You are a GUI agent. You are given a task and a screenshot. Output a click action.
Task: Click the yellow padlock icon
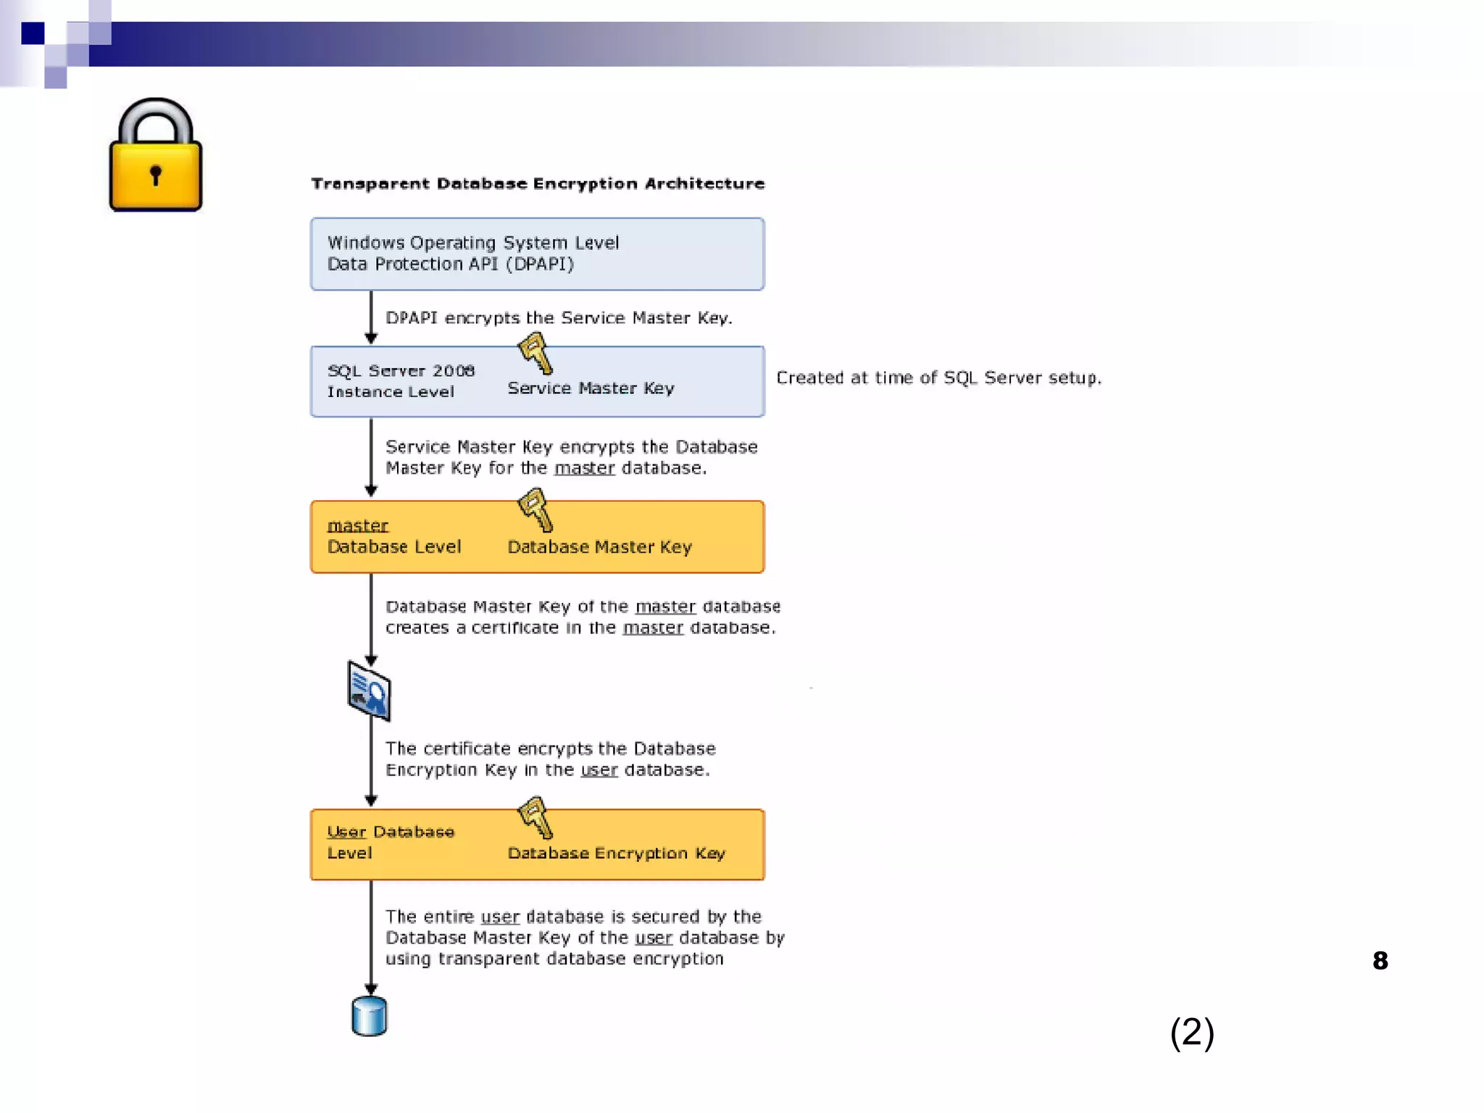tap(155, 157)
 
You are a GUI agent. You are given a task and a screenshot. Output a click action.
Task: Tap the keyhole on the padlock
tap(155, 175)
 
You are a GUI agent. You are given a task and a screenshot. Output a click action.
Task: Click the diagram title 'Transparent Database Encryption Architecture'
tap(538, 184)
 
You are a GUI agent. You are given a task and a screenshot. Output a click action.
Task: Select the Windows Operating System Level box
tap(537, 254)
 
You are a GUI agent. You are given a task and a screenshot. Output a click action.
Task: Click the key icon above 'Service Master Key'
tap(535, 353)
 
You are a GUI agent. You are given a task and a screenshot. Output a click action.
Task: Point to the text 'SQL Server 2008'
tap(401, 371)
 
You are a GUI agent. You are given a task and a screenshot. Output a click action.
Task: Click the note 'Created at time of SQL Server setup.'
tap(938, 378)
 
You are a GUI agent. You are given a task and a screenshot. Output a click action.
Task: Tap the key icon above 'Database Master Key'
tap(535, 509)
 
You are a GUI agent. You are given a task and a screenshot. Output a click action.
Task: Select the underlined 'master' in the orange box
tap(357, 525)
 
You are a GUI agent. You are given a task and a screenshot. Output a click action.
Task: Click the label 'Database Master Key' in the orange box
tap(599, 547)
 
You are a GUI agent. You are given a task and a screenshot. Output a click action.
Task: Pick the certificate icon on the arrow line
tap(369, 691)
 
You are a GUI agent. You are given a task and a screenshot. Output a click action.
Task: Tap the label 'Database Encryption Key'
tap(616, 854)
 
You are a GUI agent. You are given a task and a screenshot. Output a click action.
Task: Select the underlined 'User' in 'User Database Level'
tap(346, 832)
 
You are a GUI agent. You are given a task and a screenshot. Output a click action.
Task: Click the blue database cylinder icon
tap(369, 1016)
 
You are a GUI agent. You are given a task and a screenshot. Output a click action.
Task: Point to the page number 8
tap(1380, 961)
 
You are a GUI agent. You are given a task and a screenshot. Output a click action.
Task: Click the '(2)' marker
tap(1192, 1032)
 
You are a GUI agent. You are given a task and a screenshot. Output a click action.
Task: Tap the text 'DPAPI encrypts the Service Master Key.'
tap(559, 318)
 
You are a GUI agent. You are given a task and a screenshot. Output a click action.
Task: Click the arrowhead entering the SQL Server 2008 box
tap(371, 338)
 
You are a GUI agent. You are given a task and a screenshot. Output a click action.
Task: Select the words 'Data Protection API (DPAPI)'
tap(450, 264)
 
